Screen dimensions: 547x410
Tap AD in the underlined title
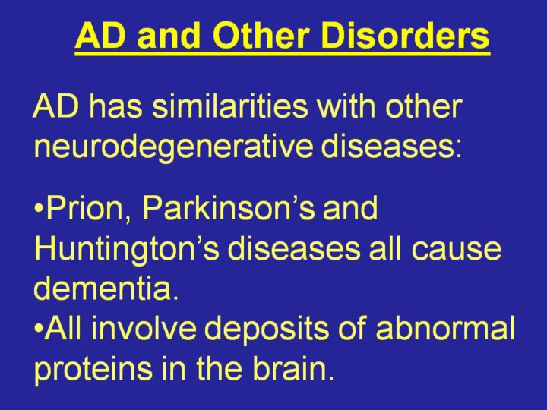(100, 36)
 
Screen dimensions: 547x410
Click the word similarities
(230, 106)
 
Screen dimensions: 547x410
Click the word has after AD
(116, 106)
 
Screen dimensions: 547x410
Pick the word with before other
(346, 106)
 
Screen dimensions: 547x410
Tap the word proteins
(93, 370)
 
